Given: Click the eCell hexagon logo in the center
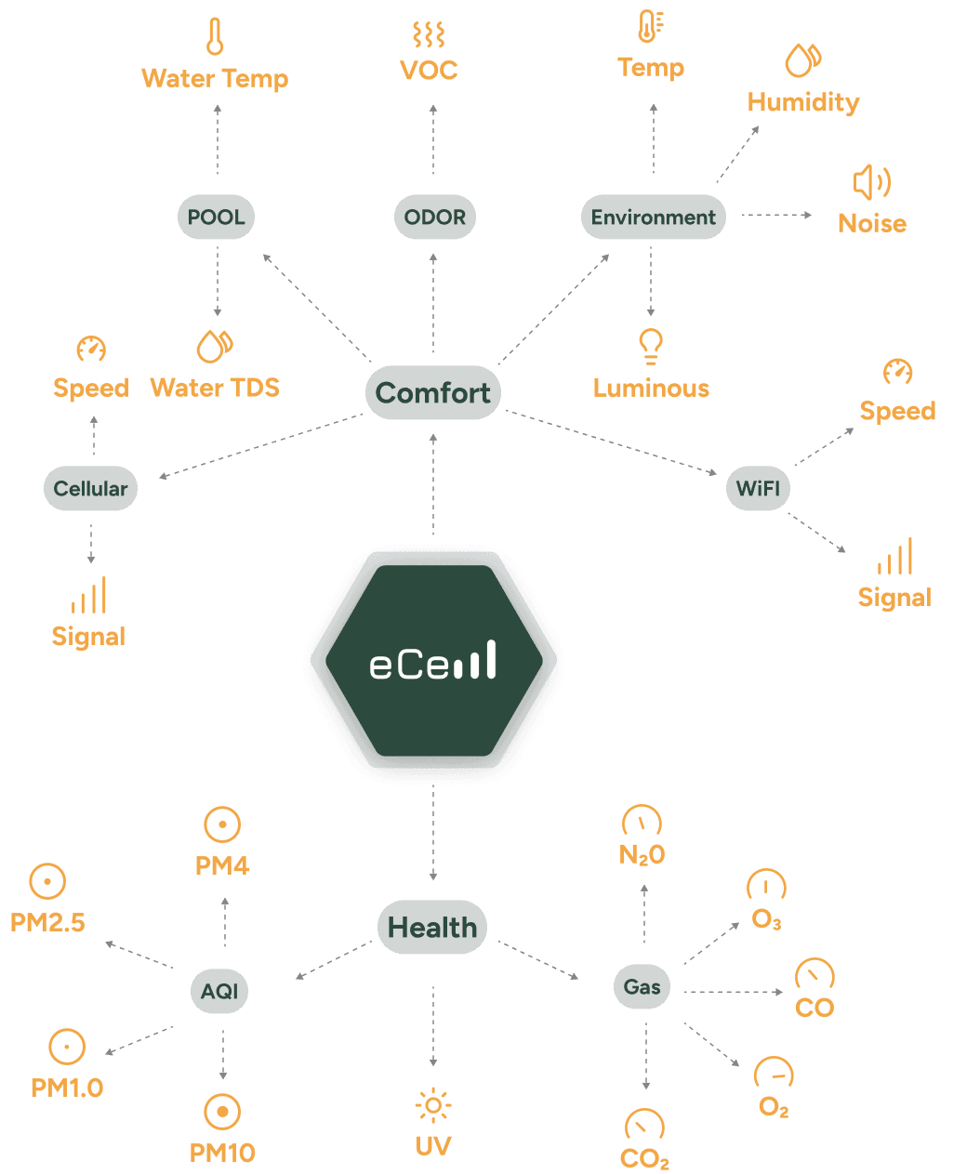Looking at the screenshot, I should point(433,662).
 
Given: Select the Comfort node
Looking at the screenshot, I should point(433,392).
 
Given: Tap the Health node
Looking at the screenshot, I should point(432,927).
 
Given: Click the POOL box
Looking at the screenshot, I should point(217,218).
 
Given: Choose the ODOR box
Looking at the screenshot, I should point(434,218).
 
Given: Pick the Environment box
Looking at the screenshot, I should point(653,218).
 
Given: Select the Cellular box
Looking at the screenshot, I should point(90,489).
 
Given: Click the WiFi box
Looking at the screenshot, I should point(758,489).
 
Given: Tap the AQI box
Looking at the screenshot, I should point(219,992).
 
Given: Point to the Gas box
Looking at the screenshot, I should point(642,987).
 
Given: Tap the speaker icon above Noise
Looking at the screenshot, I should point(871,182).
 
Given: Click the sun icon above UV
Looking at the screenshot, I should point(432,1106).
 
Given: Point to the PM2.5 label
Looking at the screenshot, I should point(47,922).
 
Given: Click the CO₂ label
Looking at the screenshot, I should point(644,1159).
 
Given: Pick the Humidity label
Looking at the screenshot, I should point(803,102).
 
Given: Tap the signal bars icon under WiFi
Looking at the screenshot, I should point(895,557).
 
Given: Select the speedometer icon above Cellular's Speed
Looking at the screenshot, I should point(90,350).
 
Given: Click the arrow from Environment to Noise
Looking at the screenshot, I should point(777,216).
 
